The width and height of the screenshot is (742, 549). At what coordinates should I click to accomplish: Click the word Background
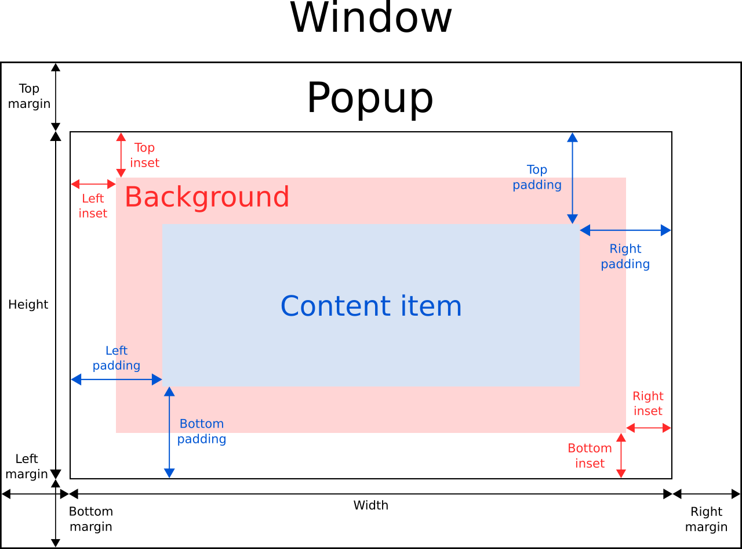pos(207,197)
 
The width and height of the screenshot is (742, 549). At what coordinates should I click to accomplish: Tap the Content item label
pos(371,306)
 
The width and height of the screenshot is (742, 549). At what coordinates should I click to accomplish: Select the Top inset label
pos(144,156)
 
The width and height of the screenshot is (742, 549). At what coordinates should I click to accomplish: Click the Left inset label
pos(93,206)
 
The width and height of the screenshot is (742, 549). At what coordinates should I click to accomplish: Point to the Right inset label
pos(648,403)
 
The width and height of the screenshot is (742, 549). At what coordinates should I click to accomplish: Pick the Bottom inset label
pos(590,456)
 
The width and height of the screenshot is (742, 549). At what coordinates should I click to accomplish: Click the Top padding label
pos(537,177)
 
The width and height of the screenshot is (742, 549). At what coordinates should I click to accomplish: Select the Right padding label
pos(625,257)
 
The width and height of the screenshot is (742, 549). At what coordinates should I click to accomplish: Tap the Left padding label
pos(117,358)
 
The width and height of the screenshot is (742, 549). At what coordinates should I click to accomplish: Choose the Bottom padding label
pos(201,431)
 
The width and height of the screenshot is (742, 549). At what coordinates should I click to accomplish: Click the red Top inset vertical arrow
pos(121,155)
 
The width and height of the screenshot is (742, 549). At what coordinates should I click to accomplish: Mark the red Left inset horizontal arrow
pos(93,184)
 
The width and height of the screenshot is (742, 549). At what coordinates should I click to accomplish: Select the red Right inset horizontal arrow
pos(649,428)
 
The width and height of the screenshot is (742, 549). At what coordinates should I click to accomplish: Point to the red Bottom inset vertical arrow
pos(621,456)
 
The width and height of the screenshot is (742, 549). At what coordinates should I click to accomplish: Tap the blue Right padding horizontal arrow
pos(625,230)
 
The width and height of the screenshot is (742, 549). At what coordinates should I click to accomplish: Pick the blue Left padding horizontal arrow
pos(117,380)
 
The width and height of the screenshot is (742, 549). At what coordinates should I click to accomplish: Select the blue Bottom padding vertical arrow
pos(169,432)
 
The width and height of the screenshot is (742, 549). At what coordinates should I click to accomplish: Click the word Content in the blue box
pos(328,306)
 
